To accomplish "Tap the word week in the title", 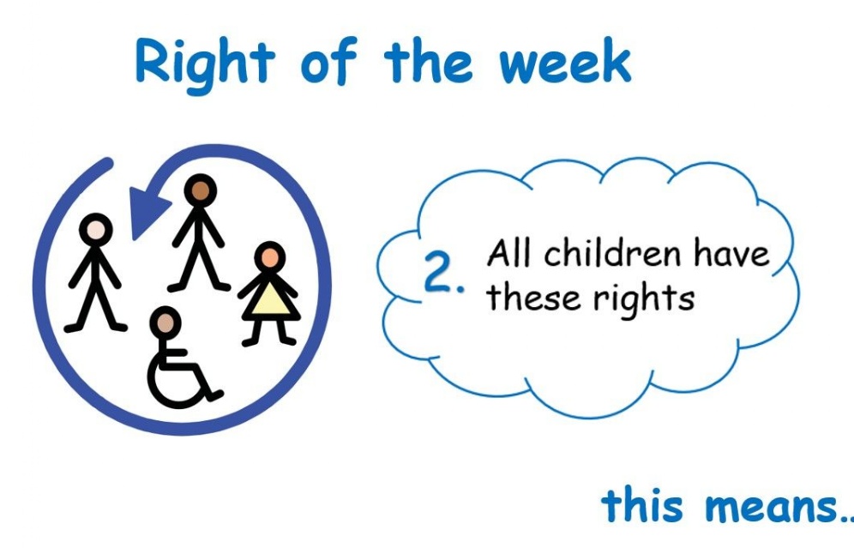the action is (565, 62).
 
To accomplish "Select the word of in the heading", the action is (328, 61).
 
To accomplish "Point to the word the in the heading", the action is (428, 61).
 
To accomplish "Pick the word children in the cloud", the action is (613, 253).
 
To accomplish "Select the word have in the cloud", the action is (731, 253).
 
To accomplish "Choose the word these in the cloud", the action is (533, 298).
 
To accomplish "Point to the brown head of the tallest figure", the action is (201, 190).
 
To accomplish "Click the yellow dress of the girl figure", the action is (271, 301).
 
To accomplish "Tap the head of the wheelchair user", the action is (165, 322).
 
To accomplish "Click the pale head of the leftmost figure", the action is (96, 230).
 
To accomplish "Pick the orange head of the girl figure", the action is (269, 257).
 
